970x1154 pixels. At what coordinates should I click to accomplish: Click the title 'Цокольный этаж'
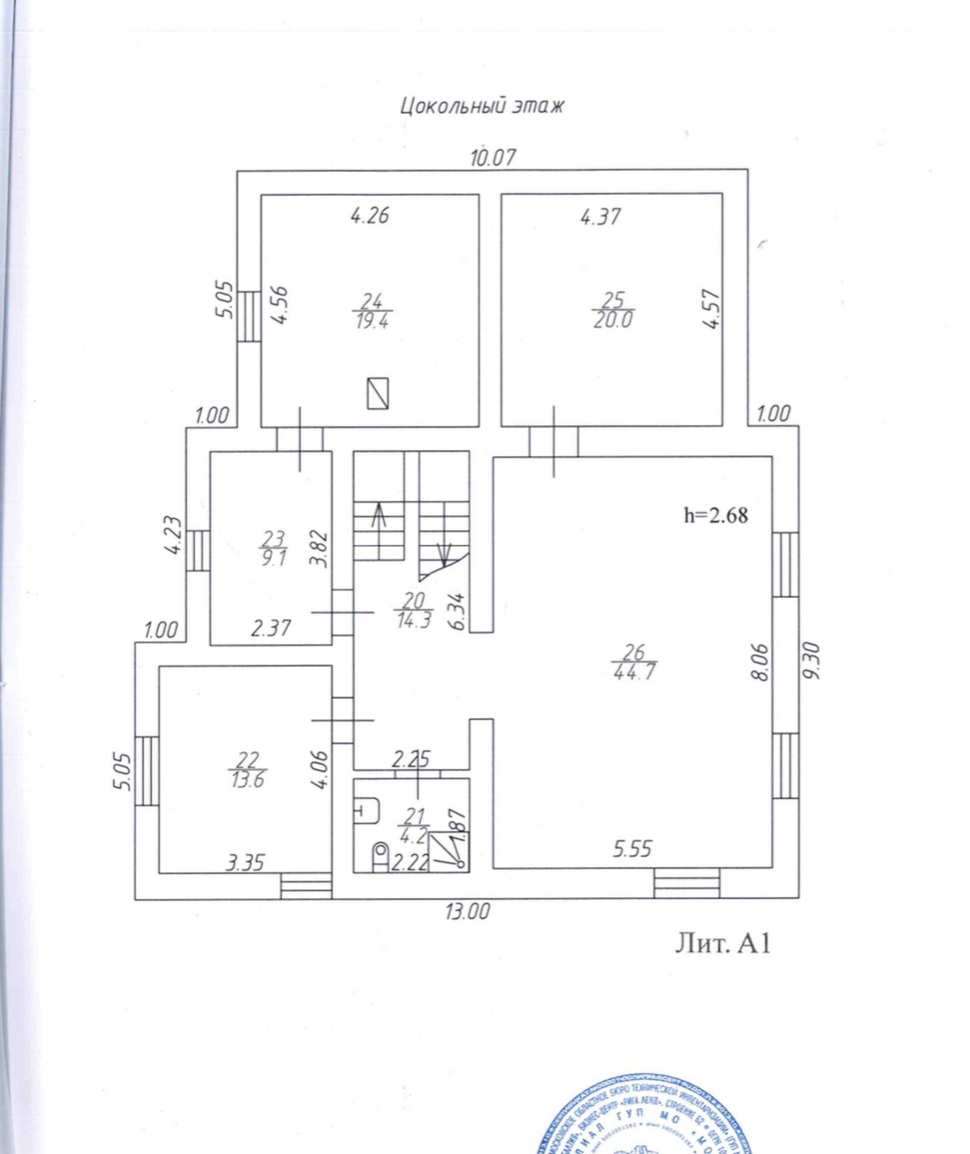(x=482, y=106)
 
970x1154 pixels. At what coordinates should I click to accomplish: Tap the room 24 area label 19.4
(x=372, y=311)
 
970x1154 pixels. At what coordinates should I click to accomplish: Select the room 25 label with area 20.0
(x=612, y=310)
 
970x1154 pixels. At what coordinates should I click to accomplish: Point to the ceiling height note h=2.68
(x=716, y=515)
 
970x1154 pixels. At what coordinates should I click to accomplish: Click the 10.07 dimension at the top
(x=492, y=158)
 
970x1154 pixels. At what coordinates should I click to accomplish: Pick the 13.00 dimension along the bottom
(x=467, y=911)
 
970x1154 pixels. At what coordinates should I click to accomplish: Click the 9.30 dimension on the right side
(x=810, y=661)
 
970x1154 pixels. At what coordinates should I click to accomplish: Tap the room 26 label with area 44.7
(x=634, y=663)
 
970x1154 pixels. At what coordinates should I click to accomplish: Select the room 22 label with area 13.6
(x=247, y=770)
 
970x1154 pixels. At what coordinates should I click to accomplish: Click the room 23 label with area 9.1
(x=273, y=548)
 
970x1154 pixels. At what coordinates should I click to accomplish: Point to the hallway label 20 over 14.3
(x=414, y=610)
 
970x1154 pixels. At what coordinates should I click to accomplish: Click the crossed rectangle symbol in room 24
(x=378, y=393)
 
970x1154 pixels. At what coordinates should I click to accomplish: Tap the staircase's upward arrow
(x=378, y=518)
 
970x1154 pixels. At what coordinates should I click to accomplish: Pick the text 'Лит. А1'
(x=722, y=944)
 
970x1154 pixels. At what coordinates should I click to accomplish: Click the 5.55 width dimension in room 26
(x=632, y=849)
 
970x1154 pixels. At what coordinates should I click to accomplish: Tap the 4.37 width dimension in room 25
(x=600, y=216)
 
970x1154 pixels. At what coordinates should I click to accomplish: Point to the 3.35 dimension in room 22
(x=245, y=862)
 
